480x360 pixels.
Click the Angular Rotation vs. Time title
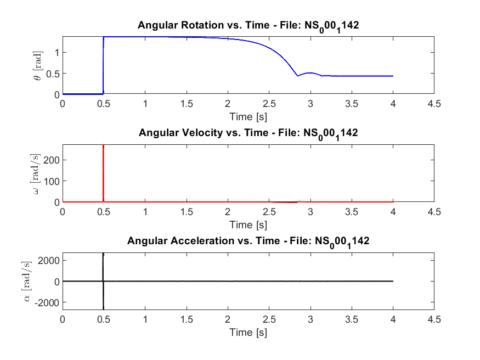click(x=248, y=25)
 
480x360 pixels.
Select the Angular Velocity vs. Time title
click(x=248, y=133)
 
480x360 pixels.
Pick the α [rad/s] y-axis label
click(x=36, y=281)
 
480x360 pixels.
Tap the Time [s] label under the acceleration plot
click(x=248, y=332)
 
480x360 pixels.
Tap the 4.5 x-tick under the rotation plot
click(x=434, y=104)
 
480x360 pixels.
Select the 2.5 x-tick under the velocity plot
click(x=269, y=211)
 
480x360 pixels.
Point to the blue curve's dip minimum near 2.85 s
click(x=298, y=76)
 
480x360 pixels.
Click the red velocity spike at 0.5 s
click(x=104, y=165)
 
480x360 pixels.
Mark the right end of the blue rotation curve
click(x=393, y=76)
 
